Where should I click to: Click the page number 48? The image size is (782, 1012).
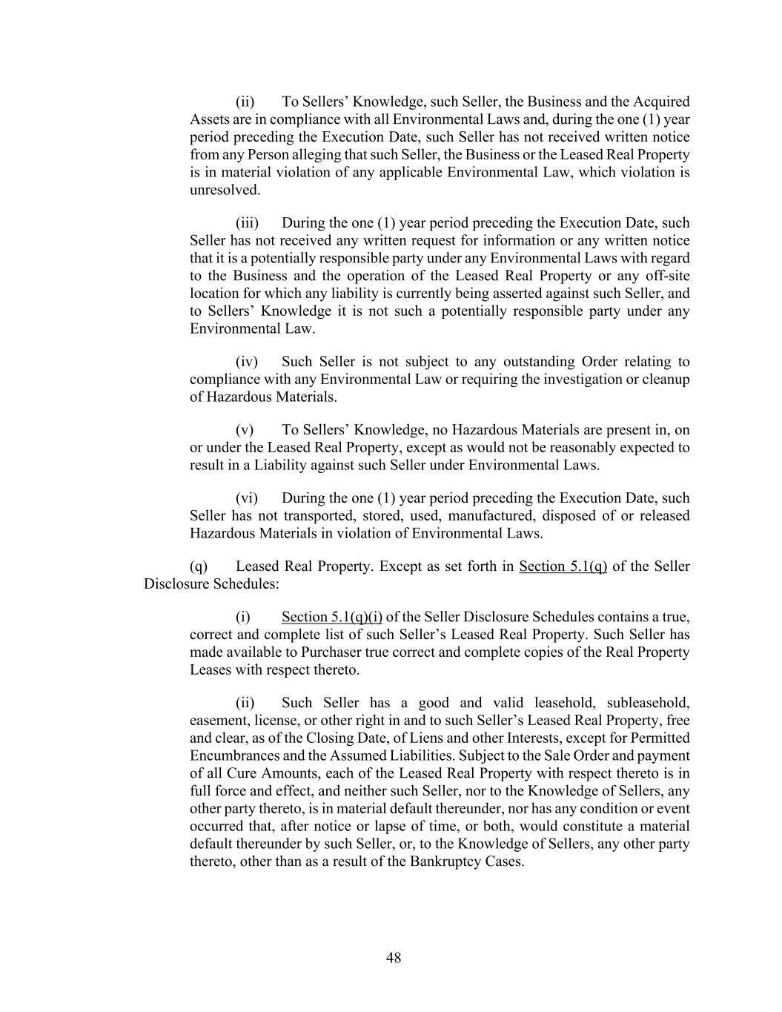(394, 958)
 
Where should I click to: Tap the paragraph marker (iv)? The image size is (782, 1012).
(246, 362)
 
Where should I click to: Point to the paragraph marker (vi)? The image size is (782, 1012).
(246, 498)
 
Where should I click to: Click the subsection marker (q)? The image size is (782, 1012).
(199, 567)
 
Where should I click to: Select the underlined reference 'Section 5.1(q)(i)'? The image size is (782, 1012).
(331, 618)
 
